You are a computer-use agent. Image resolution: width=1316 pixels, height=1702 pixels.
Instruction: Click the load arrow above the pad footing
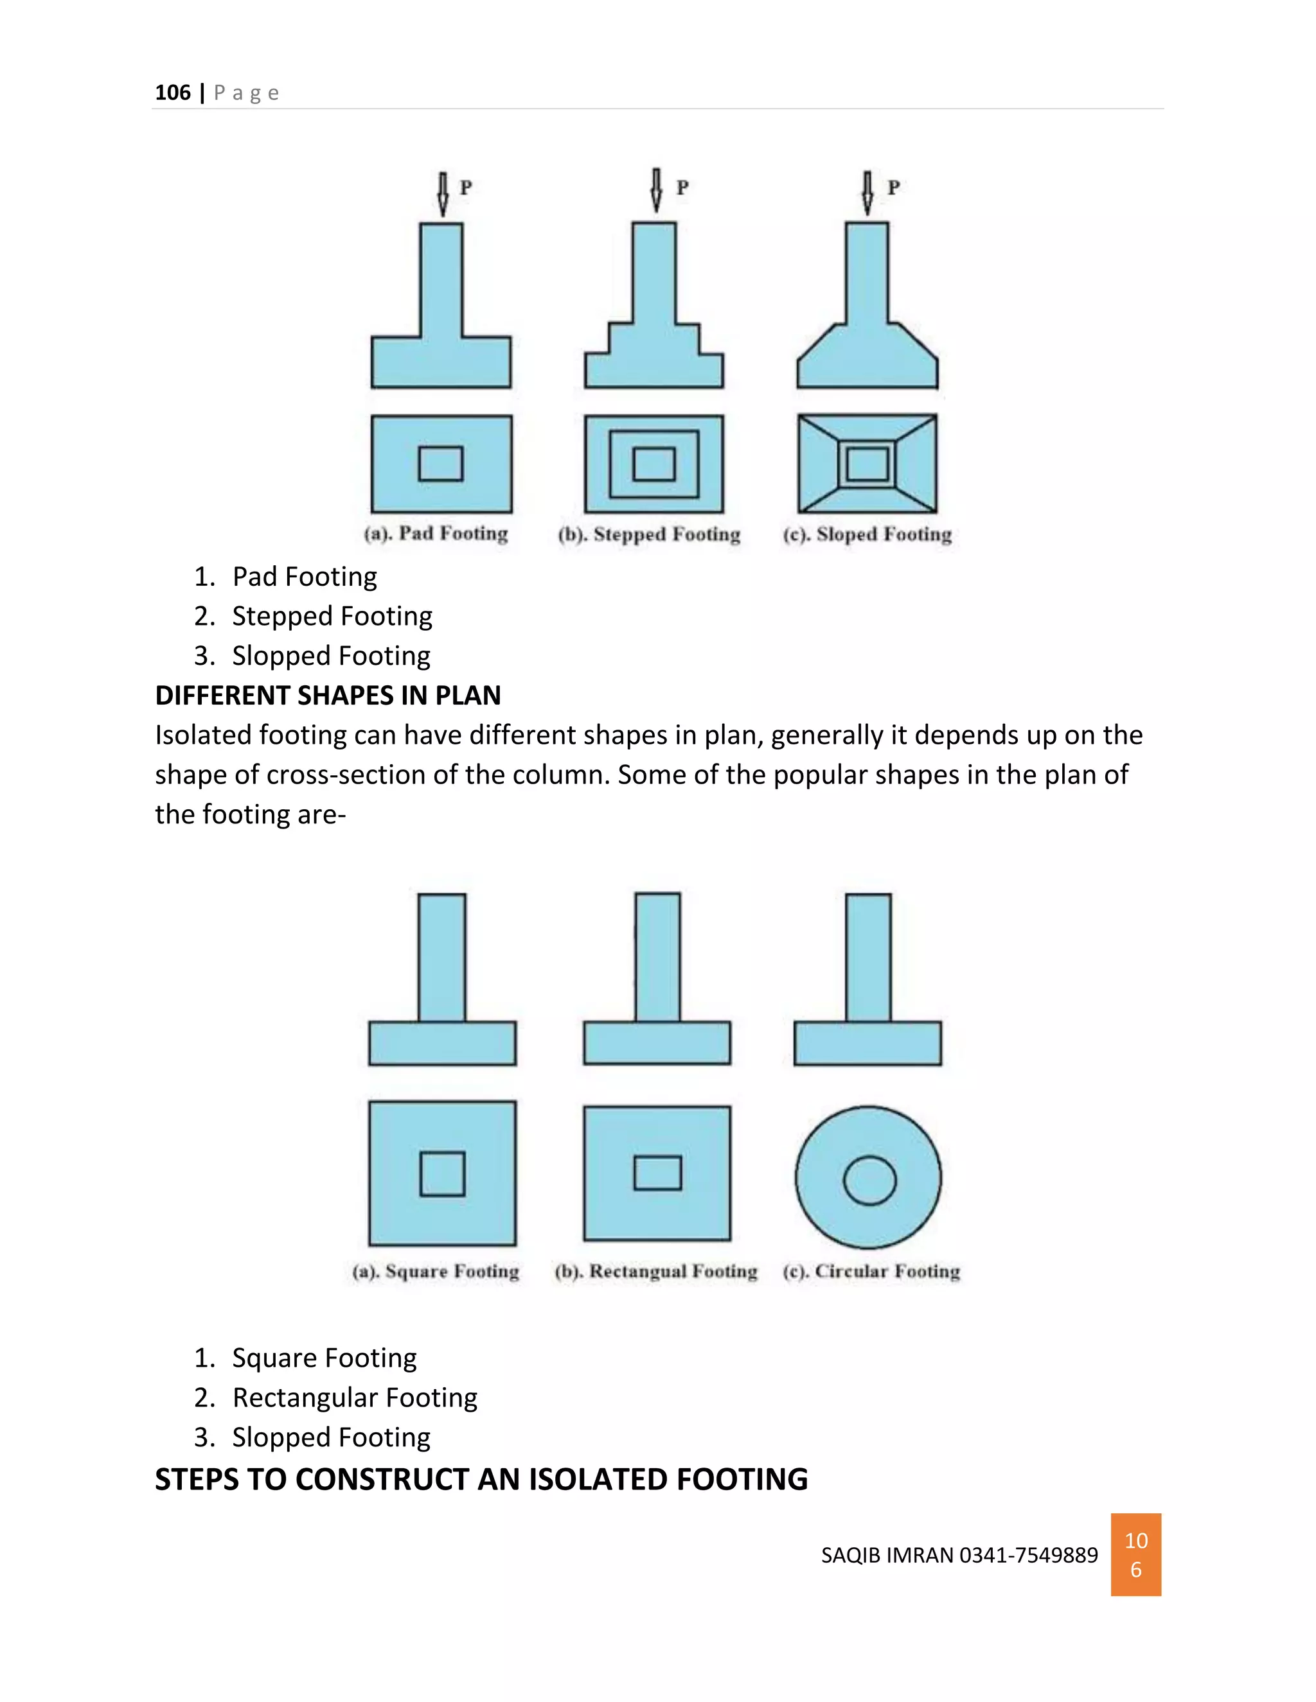(x=443, y=194)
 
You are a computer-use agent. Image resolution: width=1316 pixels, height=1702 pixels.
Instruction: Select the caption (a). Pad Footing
(x=436, y=534)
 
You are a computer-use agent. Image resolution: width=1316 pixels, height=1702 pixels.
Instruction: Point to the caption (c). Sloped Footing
(x=867, y=534)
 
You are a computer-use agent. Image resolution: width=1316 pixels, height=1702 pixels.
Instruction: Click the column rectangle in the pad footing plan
(x=440, y=464)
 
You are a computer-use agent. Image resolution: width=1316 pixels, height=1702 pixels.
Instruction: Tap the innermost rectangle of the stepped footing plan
(x=654, y=464)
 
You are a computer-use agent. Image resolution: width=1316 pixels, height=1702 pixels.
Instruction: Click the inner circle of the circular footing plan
(x=869, y=1180)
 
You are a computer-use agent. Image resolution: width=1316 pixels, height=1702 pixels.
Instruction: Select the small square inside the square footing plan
(x=442, y=1173)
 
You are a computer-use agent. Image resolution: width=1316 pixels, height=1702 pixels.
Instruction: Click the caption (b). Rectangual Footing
(x=655, y=1272)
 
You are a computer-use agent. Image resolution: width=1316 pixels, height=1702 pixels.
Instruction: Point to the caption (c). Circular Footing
(x=871, y=1272)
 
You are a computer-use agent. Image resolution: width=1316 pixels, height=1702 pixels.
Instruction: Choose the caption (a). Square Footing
(x=435, y=1272)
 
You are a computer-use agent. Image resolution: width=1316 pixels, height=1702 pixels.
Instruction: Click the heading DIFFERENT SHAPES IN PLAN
(x=328, y=695)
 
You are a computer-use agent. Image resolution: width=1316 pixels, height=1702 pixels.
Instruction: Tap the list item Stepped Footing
(x=332, y=617)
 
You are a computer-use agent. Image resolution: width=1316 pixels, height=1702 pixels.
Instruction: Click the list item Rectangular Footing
(x=354, y=1398)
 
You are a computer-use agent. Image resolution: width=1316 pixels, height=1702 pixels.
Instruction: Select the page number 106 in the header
(x=172, y=92)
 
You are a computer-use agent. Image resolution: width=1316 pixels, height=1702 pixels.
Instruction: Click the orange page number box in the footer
(x=1135, y=1555)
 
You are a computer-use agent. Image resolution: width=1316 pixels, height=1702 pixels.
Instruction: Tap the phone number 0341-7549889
(x=1028, y=1556)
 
